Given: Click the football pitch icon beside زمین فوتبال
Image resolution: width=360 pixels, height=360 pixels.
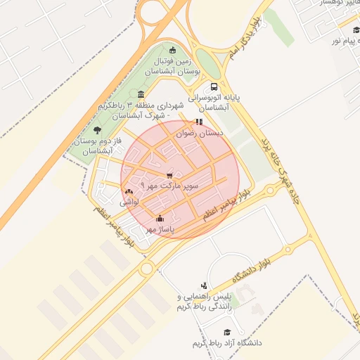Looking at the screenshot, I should pos(173,49).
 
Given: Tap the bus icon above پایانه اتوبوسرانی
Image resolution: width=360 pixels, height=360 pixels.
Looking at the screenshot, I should pos(214,87).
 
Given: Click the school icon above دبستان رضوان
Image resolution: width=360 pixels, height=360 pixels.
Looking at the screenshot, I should pos(198,122).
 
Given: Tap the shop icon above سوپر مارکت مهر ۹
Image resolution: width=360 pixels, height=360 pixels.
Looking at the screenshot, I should pos(169,175).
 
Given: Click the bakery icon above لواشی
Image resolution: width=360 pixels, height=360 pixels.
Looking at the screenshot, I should pos(129,191).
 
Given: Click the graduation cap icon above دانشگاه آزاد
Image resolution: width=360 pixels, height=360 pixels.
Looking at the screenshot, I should pos(226,332).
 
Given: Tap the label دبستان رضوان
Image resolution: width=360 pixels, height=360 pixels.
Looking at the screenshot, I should pos(200,132).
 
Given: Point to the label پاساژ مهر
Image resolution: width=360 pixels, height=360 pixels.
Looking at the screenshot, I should pos(160,229).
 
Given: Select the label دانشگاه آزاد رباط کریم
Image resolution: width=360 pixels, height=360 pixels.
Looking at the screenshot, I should pos(226,343).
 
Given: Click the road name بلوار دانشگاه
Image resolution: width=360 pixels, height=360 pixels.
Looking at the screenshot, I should pos(249,262).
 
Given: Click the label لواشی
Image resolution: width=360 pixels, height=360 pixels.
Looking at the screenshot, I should pos(129,202).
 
